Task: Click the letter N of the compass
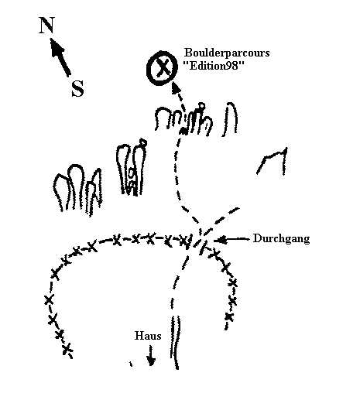[46, 25]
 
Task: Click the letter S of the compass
[77, 88]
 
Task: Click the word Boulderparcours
[227, 53]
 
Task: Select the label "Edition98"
[213, 66]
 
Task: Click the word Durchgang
[281, 239]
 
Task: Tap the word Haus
[148, 336]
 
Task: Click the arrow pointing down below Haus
[150, 355]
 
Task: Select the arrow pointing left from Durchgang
[231, 240]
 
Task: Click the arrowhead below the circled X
[176, 87]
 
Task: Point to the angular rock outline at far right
[273, 161]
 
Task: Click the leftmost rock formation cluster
[77, 190]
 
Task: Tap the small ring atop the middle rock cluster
[142, 142]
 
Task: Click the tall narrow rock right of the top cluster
[230, 119]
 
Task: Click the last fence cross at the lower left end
[67, 350]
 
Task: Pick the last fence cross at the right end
[229, 316]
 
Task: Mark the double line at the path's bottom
[175, 343]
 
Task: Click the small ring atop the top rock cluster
[201, 106]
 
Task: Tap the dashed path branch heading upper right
[221, 220]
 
